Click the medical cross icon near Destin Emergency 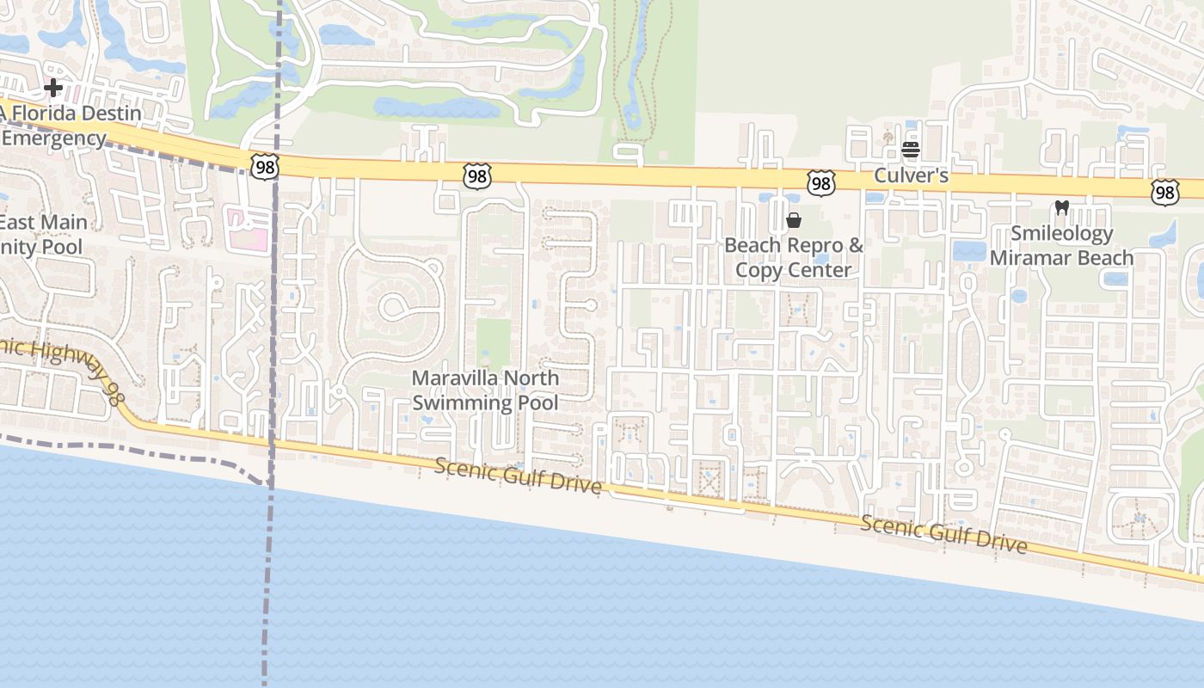pos(53,87)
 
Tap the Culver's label pos(911,175)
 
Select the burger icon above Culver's pos(911,150)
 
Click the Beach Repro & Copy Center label pos(793,257)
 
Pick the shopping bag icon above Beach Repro pos(794,220)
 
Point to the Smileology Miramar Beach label pos(1061,245)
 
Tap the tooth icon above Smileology pos(1061,207)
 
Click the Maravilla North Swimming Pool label pos(485,390)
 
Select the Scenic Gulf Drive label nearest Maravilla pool pos(518,476)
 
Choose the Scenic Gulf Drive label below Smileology pos(943,534)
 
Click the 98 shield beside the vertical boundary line pos(265,167)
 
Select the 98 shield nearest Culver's pos(820,182)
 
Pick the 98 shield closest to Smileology pos(1164,192)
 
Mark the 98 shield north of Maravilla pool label pos(476,176)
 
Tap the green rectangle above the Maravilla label pos(493,343)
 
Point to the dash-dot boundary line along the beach pos(129,450)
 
